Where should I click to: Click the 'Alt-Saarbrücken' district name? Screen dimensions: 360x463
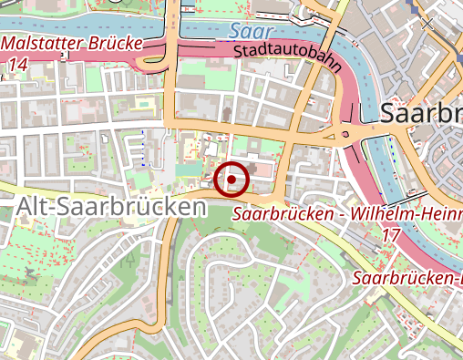[x=110, y=207]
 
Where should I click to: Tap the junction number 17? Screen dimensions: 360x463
[x=391, y=235]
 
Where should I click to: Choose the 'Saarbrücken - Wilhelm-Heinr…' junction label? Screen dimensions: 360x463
[x=347, y=215]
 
